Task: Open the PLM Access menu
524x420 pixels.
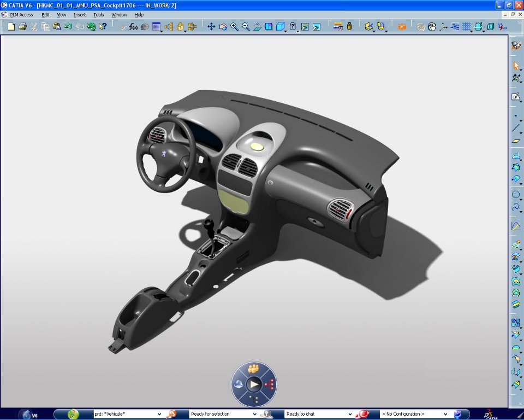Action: [21, 15]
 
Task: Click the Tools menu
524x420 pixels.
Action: [98, 15]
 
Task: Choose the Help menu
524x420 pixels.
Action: [139, 15]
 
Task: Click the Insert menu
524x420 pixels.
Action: [80, 15]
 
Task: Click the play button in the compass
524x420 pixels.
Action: [254, 384]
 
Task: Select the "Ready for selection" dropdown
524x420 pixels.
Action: [230, 414]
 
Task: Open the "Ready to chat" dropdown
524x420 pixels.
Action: [319, 414]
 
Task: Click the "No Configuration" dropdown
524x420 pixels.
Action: [414, 414]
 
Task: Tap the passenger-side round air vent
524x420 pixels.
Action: [341, 209]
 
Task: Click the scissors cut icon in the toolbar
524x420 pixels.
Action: [34, 26]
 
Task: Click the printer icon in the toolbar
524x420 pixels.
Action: [22, 26]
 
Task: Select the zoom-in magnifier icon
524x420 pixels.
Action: [234, 26]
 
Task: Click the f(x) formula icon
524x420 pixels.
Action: [134, 26]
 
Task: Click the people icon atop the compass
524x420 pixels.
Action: [253, 368]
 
